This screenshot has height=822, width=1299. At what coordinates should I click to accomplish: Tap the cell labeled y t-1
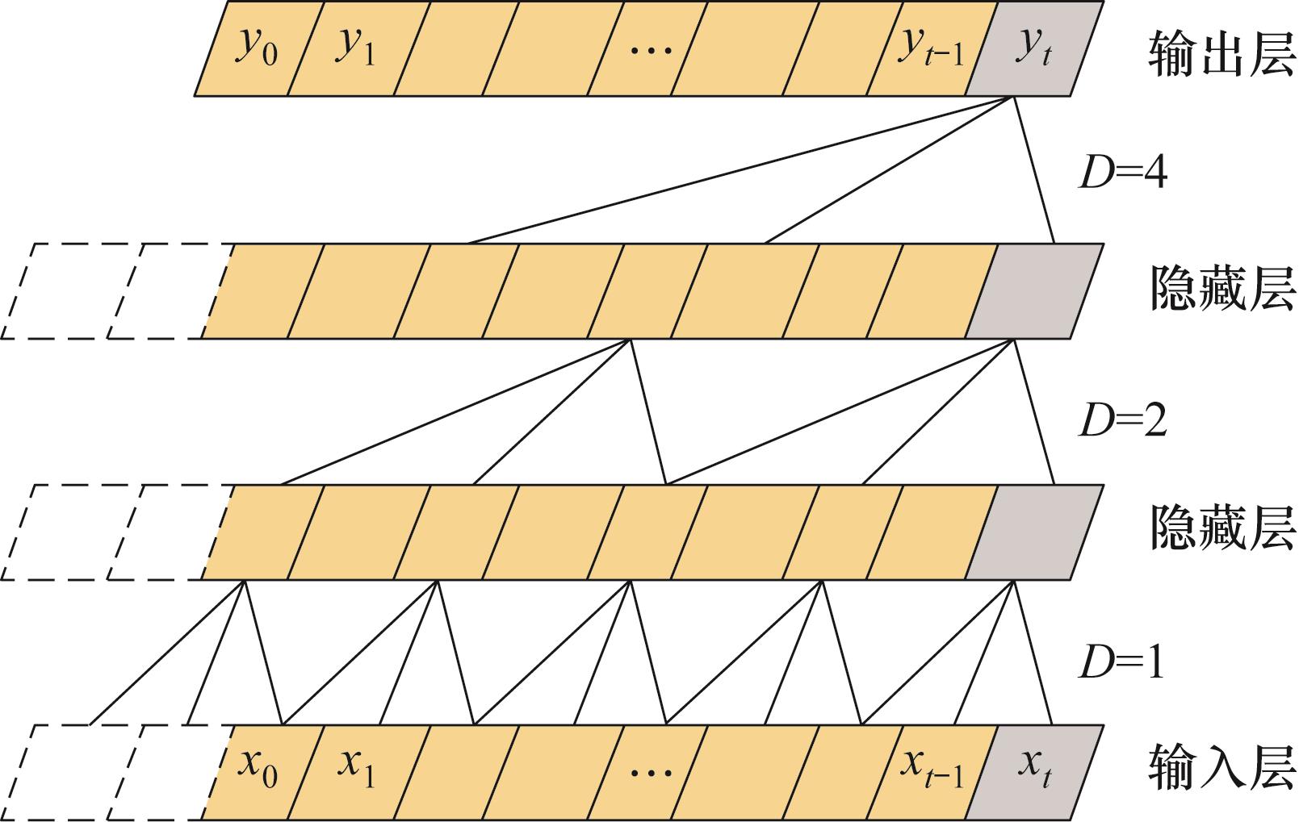point(932,49)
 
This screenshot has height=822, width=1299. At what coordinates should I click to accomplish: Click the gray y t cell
point(1034,49)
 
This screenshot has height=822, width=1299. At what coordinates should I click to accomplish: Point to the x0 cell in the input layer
point(258,772)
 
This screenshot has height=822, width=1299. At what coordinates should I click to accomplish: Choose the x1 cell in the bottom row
point(356,772)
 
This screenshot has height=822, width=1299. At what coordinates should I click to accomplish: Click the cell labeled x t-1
point(932,772)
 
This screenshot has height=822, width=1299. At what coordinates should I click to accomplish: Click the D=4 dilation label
point(1122,173)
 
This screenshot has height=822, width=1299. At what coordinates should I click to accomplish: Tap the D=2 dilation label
point(1122,420)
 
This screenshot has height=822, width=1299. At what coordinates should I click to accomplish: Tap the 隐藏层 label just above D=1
point(1221,529)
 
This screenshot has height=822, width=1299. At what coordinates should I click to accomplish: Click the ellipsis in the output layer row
point(650,51)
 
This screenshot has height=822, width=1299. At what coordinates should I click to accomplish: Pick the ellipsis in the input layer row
point(650,773)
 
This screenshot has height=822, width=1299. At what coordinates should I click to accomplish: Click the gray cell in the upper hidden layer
point(1034,290)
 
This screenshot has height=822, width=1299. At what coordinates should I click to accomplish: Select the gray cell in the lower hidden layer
point(1034,532)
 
